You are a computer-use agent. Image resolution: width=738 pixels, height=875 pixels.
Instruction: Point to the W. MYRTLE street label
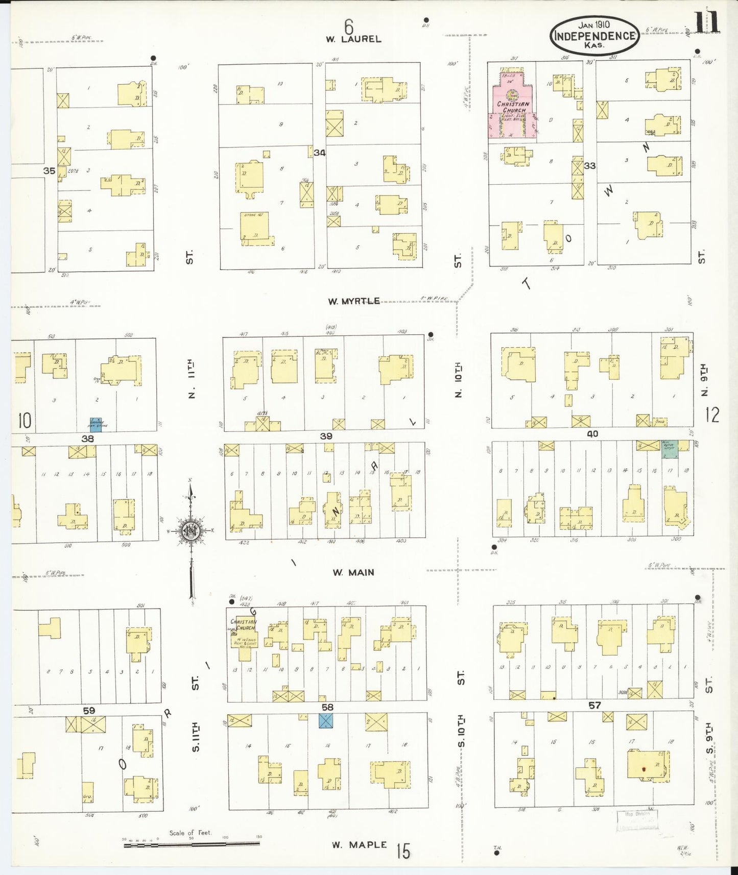(354, 301)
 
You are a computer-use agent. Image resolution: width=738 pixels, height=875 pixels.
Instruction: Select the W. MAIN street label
(353, 573)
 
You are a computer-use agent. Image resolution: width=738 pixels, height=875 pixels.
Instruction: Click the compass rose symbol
(191, 531)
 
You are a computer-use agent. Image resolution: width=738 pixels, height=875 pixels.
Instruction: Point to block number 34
(320, 152)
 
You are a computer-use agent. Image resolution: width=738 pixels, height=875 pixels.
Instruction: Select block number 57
(594, 706)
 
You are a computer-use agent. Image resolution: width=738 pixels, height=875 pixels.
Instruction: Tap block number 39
(326, 436)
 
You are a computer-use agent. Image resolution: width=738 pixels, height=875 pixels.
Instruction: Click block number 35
(49, 171)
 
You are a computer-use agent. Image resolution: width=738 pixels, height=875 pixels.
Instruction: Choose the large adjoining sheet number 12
(712, 415)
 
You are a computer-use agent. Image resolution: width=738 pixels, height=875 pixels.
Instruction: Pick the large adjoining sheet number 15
(403, 851)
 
